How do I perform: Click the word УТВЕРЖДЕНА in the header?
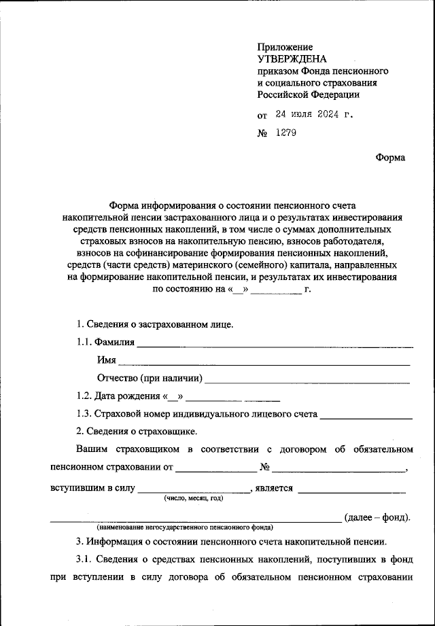[292, 59]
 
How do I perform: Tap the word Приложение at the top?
[285, 47]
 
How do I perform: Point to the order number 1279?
[286, 133]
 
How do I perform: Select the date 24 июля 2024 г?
[314, 114]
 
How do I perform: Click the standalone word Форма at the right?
[390, 158]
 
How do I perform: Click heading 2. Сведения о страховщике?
[137, 431]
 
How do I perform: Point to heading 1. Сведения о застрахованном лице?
[155, 324]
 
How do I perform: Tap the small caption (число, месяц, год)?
[193, 498]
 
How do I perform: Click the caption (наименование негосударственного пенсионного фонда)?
[185, 527]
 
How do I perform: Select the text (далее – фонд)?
[378, 517]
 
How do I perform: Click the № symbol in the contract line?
[266, 468]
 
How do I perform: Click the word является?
[274, 487]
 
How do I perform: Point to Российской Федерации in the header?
[308, 95]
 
